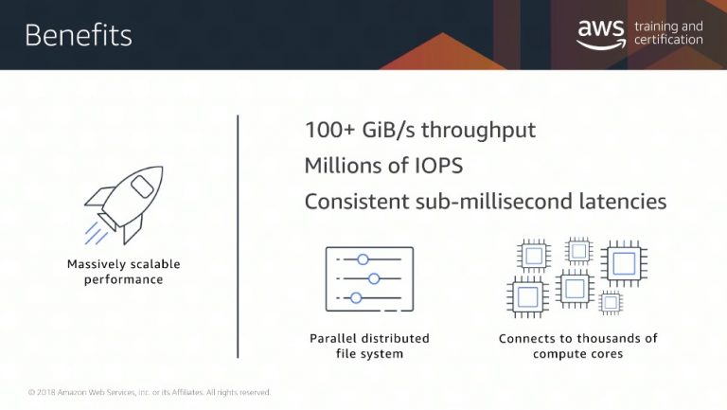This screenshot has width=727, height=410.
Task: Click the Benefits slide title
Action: pyautogui.click(x=79, y=35)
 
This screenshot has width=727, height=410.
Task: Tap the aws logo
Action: pyautogui.click(x=601, y=33)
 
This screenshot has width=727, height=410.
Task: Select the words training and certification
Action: pyautogui.click(x=668, y=33)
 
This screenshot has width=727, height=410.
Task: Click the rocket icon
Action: pyautogui.click(x=124, y=205)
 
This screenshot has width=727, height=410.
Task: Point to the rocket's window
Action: pyautogui.click(x=141, y=186)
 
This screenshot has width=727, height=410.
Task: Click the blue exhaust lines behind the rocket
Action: pyautogui.click(x=96, y=233)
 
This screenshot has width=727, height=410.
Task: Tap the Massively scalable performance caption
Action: pyautogui.click(x=123, y=272)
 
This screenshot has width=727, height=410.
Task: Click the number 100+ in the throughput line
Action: pyautogui.click(x=329, y=130)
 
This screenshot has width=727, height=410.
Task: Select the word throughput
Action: pyautogui.click(x=478, y=131)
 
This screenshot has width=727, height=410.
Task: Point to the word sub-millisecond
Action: pyautogui.click(x=494, y=202)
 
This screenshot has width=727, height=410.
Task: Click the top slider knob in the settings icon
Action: pyautogui.click(x=363, y=259)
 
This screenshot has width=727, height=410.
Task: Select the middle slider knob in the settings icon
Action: pyautogui.click(x=374, y=278)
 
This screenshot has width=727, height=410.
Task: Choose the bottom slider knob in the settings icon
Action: pyautogui.click(x=356, y=297)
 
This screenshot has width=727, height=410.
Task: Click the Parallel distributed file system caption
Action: pyautogui.click(x=369, y=346)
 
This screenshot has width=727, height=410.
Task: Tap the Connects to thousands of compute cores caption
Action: pyautogui.click(x=577, y=346)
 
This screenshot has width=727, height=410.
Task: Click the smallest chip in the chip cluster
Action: pyautogui.click(x=611, y=303)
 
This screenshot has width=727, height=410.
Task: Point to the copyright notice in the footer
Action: pyautogui.click(x=150, y=392)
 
